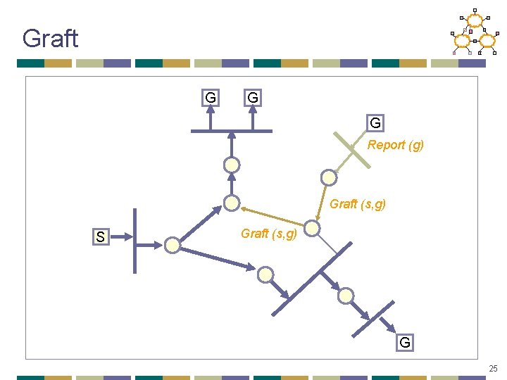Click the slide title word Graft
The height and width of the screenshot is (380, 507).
click(x=50, y=38)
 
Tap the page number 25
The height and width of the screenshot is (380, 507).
click(x=493, y=367)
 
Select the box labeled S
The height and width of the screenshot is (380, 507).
click(x=101, y=237)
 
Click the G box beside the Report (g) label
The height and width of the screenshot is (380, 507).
click(x=375, y=123)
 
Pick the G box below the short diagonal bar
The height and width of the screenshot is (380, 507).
click(x=405, y=343)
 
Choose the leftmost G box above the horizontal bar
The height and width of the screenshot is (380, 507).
click(x=210, y=97)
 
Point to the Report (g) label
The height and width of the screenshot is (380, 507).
click(x=396, y=145)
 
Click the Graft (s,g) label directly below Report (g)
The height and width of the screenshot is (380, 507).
click(x=358, y=204)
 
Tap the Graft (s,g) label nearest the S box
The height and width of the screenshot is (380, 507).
click(x=269, y=233)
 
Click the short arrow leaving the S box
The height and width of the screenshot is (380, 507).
click(x=122, y=236)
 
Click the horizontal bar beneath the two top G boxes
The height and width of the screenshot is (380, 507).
click(x=232, y=131)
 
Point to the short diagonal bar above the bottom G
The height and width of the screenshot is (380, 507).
click(x=373, y=318)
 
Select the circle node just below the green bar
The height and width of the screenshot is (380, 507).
click(x=328, y=177)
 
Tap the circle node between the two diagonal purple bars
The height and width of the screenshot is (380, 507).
click(x=345, y=296)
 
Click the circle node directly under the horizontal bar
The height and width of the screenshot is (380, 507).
click(x=232, y=165)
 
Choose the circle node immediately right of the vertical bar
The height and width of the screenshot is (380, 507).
click(x=172, y=245)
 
